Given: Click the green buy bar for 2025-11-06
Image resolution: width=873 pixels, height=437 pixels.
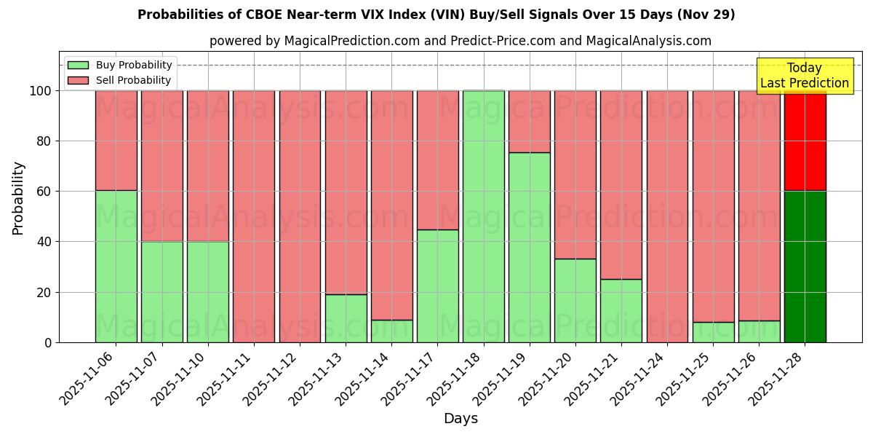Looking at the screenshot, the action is coord(116,266).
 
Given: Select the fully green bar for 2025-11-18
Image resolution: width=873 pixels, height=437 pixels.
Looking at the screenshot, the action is coord(483,216).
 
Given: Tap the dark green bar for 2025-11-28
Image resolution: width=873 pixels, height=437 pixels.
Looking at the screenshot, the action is coord(805,267).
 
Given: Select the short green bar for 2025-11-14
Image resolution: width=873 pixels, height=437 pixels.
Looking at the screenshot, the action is coord(391,331).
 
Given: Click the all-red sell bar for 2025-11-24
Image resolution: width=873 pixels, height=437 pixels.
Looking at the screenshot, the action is coord(667,216).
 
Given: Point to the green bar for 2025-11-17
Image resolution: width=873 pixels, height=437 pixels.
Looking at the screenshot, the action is coord(437,286).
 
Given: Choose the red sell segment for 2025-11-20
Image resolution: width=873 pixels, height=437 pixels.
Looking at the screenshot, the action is coord(575,175).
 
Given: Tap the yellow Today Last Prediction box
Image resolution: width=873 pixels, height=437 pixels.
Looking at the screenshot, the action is coord(804,76).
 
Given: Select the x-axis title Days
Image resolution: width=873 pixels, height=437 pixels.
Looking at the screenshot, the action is coord(461,419).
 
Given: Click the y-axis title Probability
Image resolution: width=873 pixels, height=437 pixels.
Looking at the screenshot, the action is coord(18,197).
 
